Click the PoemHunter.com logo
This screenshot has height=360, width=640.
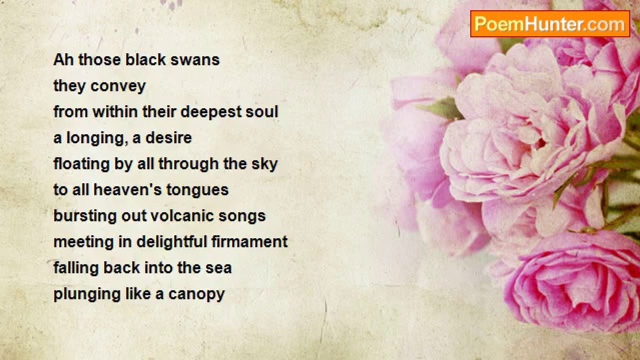(x=550, y=24)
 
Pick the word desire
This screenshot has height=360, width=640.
(x=168, y=137)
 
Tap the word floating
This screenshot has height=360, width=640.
(x=81, y=164)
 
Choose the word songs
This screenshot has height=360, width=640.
(x=242, y=216)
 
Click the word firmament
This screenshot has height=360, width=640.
(x=249, y=242)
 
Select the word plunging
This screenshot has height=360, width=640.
(x=87, y=294)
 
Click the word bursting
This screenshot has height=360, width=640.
(x=85, y=216)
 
